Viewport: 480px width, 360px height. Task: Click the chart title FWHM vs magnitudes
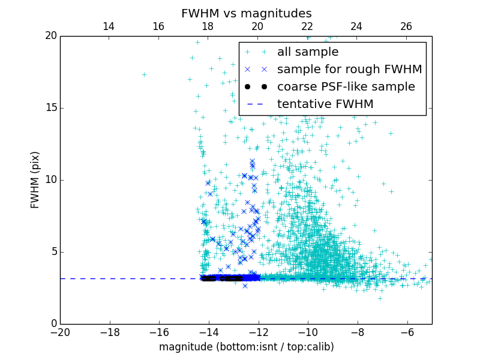(x=246, y=13)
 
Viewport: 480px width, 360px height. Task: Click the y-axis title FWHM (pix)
(x=35, y=179)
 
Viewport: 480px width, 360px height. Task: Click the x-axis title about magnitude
(x=246, y=347)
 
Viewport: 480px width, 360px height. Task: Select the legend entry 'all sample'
(x=307, y=52)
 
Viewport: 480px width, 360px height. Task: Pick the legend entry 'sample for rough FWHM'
(x=349, y=70)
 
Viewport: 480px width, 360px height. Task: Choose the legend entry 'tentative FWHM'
(x=325, y=104)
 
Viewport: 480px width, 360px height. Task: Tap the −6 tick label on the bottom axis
(x=407, y=332)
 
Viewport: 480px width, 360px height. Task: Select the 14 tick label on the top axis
(x=109, y=26)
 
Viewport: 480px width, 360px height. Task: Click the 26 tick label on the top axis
(x=406, y=26)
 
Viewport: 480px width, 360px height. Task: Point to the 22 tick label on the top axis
(x=307, y=26)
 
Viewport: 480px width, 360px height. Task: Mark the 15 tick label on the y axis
(x=50, y=108)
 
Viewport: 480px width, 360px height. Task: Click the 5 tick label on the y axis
(x=53, y=252)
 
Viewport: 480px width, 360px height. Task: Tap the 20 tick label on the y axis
(x=50, y=36)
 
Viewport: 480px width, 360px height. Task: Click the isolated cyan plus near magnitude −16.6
(x=144, y=74)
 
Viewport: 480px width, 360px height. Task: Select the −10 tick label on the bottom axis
(x=308, y=332)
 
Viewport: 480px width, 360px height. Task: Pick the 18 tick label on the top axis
(x=208, y=26)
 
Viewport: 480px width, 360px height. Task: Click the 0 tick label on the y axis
(x=53, y=324)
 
